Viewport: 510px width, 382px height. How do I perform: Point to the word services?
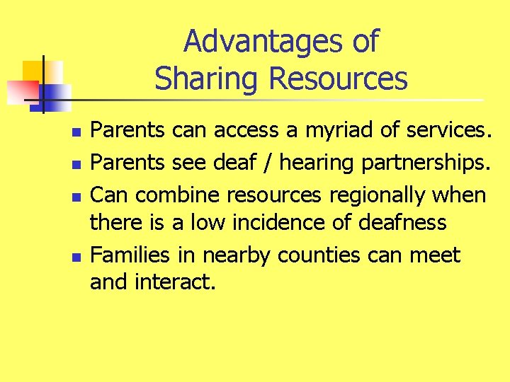click(x=448, y=130)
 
